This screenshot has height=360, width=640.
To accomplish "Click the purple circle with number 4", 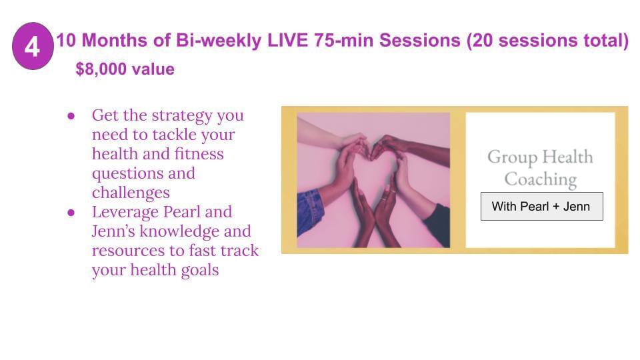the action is (x=33, y=46).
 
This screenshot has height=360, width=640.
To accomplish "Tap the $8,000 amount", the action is (x=101, y=69).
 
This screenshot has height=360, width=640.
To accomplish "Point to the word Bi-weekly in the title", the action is (x=219, y=41).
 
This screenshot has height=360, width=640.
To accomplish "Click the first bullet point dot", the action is (x=71, y=116).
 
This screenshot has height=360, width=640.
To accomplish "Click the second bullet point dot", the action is (x=71, y=213).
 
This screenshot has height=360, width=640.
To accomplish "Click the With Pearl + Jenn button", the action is (x=541, y=207).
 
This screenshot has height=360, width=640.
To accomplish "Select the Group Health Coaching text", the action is (x=541, y=168).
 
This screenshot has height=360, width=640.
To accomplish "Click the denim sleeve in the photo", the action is (x=310, y=212).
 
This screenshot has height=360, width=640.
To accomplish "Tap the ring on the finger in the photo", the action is (x=385, y=199).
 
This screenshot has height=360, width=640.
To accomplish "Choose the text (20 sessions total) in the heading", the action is (x=547, y=41).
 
